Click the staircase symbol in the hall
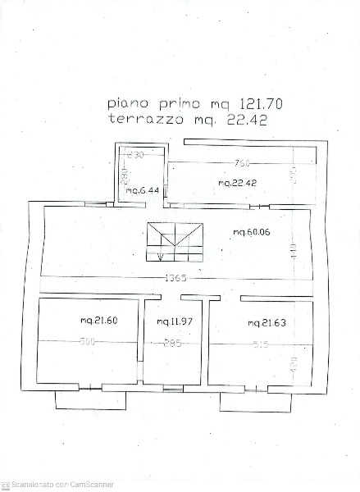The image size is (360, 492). (175, 240)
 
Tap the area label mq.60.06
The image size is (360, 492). (251, 233)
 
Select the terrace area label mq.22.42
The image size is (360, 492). (238, 183)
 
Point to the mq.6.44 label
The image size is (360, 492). (141, 191)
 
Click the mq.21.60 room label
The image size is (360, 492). (98, 321)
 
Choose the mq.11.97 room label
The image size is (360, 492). (174, 321)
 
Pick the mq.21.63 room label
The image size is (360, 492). (267, 323)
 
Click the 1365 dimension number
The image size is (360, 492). (175, 278)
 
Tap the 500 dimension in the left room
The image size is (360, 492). (88, 342)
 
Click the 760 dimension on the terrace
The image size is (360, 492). (241, 162)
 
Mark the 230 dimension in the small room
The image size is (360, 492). (136, 154)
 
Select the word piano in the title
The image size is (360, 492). (128, 105)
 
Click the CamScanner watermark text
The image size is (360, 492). (62, 485)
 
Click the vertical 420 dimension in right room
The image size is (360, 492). (294, 364)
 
